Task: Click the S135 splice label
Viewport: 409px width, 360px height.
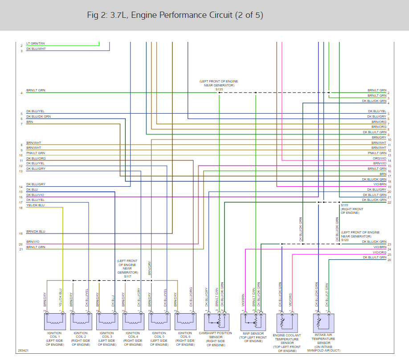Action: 219,90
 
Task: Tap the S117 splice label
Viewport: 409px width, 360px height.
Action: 127,276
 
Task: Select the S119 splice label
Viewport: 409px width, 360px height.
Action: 344,205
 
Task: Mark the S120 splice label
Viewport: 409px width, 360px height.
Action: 344,240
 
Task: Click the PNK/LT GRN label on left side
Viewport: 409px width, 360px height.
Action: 36,153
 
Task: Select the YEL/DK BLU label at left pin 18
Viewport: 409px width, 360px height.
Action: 35,205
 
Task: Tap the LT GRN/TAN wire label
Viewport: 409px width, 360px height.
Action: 36,44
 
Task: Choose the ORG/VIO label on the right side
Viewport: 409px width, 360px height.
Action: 379,158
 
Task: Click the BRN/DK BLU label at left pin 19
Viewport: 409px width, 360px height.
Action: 36,232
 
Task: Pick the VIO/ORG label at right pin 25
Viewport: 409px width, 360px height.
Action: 379,252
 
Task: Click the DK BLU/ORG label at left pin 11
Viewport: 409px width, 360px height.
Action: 36,158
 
